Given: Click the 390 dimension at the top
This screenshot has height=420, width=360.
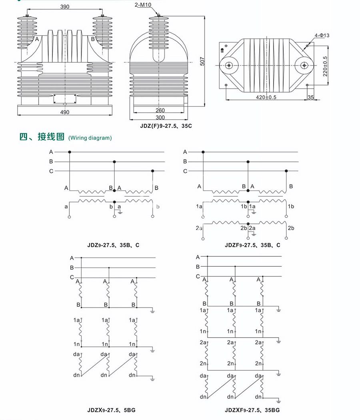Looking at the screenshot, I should tap(64, 7).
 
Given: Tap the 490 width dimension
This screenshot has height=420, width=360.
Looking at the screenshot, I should tap(64, 112).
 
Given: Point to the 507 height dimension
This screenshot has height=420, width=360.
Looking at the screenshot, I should tap(202, 60).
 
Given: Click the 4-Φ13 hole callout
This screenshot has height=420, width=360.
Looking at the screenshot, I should tap(322, 36).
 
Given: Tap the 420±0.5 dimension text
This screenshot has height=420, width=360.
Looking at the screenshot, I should tap(266, 97).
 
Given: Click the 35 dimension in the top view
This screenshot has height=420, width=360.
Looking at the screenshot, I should tap(311, 97).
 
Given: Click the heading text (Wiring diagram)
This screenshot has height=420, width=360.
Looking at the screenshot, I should tap(90, 138).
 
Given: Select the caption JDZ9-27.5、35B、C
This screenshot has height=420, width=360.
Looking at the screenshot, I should tap(108, 245).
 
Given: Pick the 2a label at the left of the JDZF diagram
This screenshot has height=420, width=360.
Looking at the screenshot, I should tap(199, 228).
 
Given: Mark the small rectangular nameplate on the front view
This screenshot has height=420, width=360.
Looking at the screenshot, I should tap(64, 98).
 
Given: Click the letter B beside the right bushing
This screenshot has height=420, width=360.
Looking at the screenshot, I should tap(93, 39).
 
